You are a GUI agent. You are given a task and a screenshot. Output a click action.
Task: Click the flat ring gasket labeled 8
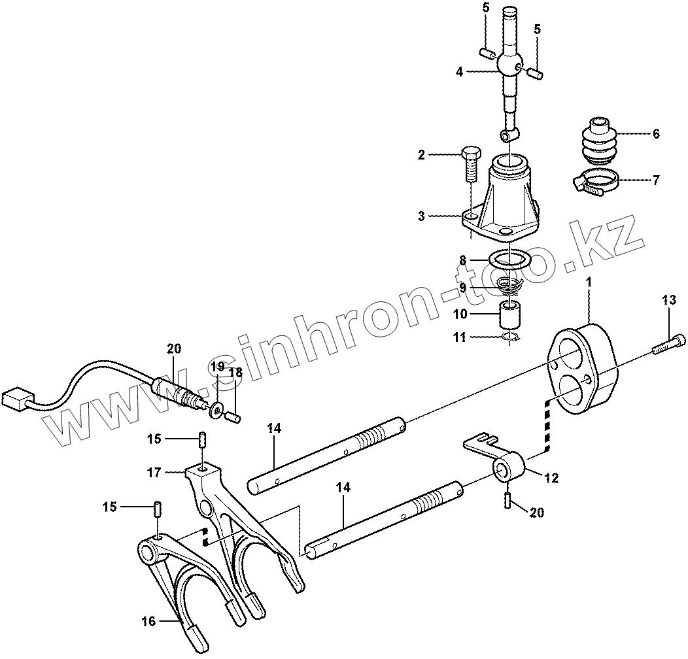[510, 260]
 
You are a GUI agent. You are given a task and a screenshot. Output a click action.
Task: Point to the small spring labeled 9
[508, 286]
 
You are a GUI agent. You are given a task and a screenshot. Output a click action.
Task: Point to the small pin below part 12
[507, 500]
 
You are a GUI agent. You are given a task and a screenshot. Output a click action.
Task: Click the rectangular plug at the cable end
[17, 398]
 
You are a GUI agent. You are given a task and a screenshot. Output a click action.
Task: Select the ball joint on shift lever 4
[509, 65]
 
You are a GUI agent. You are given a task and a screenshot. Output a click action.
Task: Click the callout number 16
[149, 621]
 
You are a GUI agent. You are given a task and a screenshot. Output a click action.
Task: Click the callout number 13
[668, 300]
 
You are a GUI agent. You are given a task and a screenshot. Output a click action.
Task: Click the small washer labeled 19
[216, 410]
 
